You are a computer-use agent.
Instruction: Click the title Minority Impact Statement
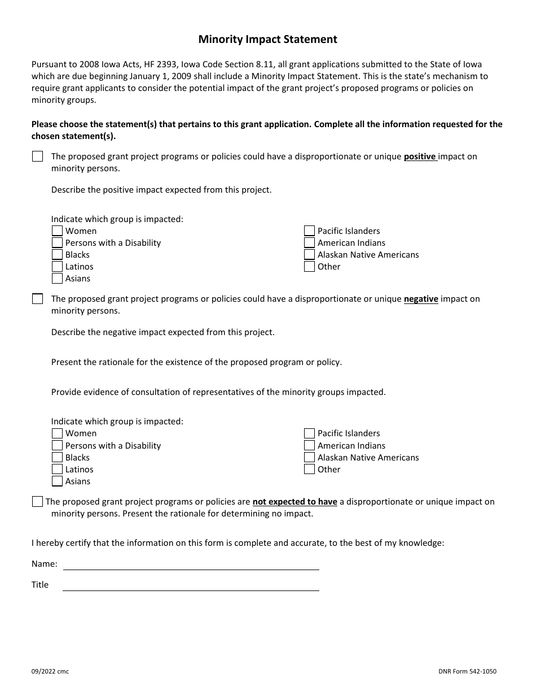[x=267, y=40]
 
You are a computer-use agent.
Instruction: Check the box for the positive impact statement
[x=38, y=157]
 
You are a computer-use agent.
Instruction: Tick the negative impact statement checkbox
[x=38, y=299]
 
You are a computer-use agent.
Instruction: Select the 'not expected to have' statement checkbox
[x=38, y=502]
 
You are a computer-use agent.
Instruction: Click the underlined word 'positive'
[x=420, y=157]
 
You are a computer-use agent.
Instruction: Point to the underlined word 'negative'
[x=421, y=299]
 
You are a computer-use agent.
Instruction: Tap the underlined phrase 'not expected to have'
[x=295, y=502]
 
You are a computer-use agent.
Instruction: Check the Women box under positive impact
[x=57, y=231]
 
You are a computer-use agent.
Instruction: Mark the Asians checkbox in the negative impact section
[x=57, y=481]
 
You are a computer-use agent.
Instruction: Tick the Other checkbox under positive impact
[x=309, y=267]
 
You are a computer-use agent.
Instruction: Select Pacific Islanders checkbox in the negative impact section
[x=309, y=433]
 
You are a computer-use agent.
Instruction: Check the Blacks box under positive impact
[x=57, y=255]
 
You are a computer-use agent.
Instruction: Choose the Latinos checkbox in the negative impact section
[x=57, y=470]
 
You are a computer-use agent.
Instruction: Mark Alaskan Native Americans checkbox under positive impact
[x=309, y=255]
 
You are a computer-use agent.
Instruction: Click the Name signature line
[x=191, y=564]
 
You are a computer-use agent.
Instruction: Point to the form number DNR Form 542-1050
[x=467, y=671]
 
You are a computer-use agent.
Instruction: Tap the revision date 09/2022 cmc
[x=50, y=671]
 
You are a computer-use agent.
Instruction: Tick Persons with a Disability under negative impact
[x=57, y=446]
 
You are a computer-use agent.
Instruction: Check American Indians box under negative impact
[x=309, y=446]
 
